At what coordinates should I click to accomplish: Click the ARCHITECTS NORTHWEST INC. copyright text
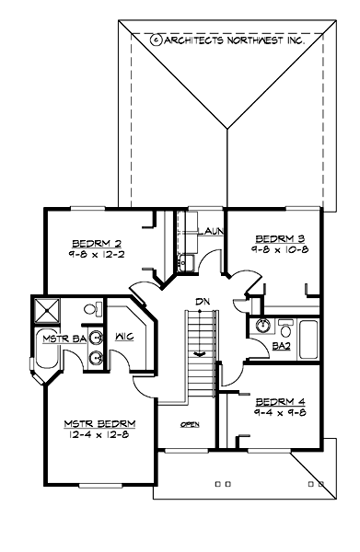point(232,40)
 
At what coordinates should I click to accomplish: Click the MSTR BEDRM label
point(100,423)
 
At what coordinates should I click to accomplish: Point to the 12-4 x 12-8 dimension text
point(100,434)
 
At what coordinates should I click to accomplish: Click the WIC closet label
point(125,337)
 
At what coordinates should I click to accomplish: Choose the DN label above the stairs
point(201,301)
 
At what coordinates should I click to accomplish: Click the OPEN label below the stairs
point(190,424)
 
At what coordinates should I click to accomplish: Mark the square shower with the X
point(47,309)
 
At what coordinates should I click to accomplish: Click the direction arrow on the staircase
point(200,351)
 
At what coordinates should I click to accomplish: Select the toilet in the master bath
point(93,309)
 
